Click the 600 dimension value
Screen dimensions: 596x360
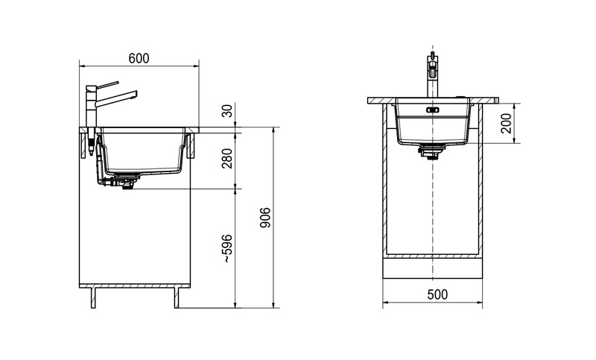coord(139,59)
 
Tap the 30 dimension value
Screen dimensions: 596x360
coord(227,111)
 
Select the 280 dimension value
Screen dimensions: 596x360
coord(227,159)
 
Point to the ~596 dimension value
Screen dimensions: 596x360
coord(227,249)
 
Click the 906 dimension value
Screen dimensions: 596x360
coord(265,218)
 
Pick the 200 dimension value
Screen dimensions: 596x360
coord(506,123)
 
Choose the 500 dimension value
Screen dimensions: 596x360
coord(437,294)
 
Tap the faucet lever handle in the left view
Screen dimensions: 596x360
coord(107,84)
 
